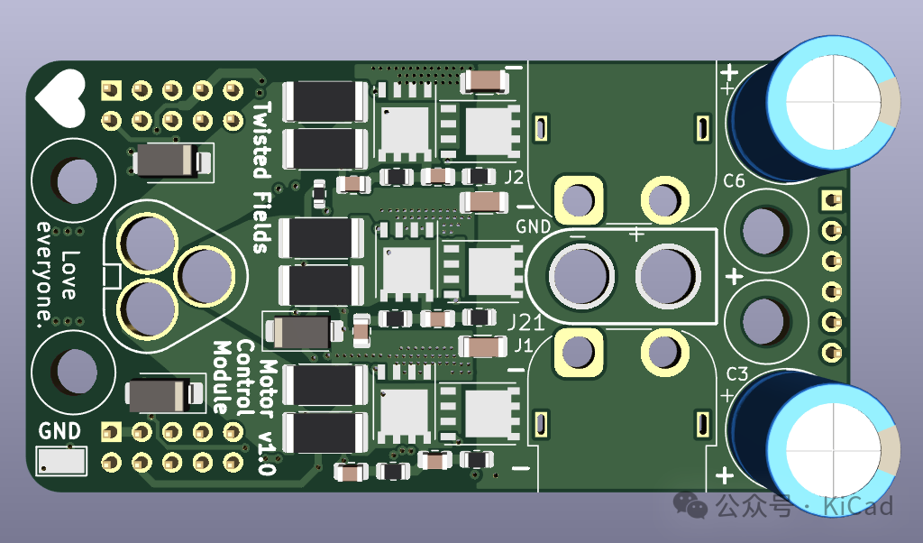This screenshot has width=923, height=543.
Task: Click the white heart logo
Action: tap(60, 97)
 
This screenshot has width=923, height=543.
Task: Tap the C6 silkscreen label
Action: tap(734, 180)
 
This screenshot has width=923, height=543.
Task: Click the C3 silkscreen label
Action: tap(736, 374)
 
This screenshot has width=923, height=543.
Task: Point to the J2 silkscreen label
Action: tap(514, 178)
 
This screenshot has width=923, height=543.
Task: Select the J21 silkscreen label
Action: tap(525, 322)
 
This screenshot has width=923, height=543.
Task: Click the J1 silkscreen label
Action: tap(524, 345)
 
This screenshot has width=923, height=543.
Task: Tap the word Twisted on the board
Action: tap(262, 140)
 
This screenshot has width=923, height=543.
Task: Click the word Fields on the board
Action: tap(262, 223)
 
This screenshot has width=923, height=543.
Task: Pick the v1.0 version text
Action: tap(267, 454)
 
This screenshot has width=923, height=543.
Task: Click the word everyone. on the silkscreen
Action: tap(44, 274)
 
